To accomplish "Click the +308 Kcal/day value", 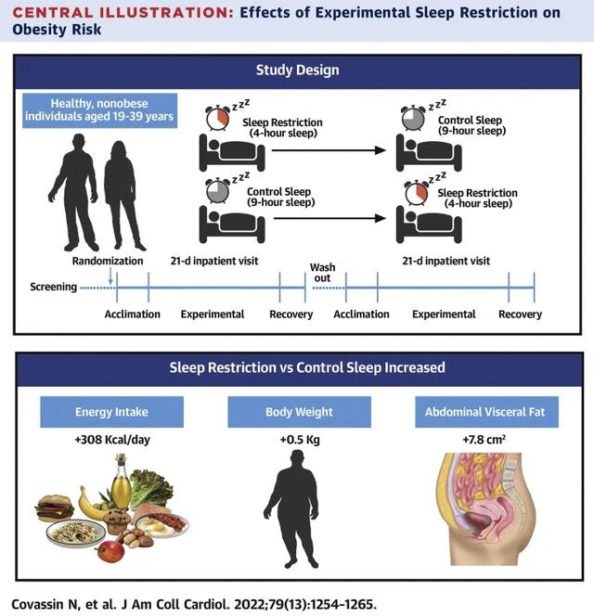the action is pos(112,439).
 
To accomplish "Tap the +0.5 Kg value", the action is pos(300,439).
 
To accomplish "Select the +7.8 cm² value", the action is pos(484,439).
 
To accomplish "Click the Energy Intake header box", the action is pos(111,412).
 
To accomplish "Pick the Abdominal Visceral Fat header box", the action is pos(486,412).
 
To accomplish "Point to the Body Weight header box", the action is pos(299,412).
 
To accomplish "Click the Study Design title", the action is pos(298,70).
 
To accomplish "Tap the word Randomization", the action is pos(108,261).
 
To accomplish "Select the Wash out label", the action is pos(322,273).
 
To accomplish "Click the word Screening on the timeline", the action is pos(54,287).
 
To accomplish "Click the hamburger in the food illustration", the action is pos(54,508).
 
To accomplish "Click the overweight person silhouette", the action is pos(291,508).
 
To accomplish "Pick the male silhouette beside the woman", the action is pos(75,193).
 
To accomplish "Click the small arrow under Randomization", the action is pos(110,276).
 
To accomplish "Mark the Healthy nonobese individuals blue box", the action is pos(100,110).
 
